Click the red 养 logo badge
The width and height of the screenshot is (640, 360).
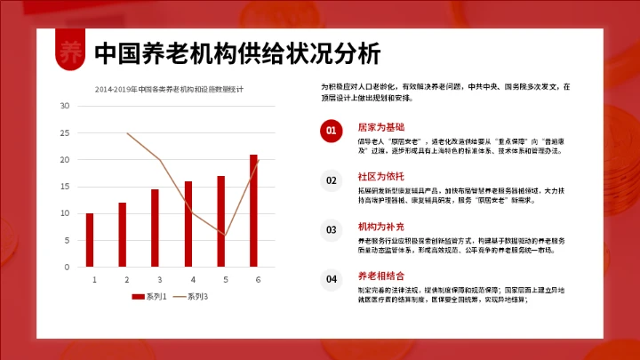tap(69, 52)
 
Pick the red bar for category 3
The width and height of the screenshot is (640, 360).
tap(155, 228)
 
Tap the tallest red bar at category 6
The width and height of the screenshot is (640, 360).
tap(253, 211)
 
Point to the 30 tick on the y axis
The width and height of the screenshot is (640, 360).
tap(65, 106)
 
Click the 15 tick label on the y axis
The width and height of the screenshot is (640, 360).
tap(65, 187)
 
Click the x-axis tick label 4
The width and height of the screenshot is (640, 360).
tap(188, 279)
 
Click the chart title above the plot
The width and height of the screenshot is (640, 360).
tap(173, 89)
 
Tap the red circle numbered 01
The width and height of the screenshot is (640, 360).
tap(331, 131)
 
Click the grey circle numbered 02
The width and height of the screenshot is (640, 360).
tap(331, 180)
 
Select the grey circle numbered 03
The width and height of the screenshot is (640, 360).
tap(331, 230)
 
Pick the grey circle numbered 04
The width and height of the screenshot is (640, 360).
tap(331, 280)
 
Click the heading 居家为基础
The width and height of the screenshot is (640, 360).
tap(380, 127)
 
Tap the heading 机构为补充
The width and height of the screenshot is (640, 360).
tap(380, 227)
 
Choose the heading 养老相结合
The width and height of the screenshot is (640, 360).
tap(380, 276)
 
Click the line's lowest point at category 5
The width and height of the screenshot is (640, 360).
tap(225, 235)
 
